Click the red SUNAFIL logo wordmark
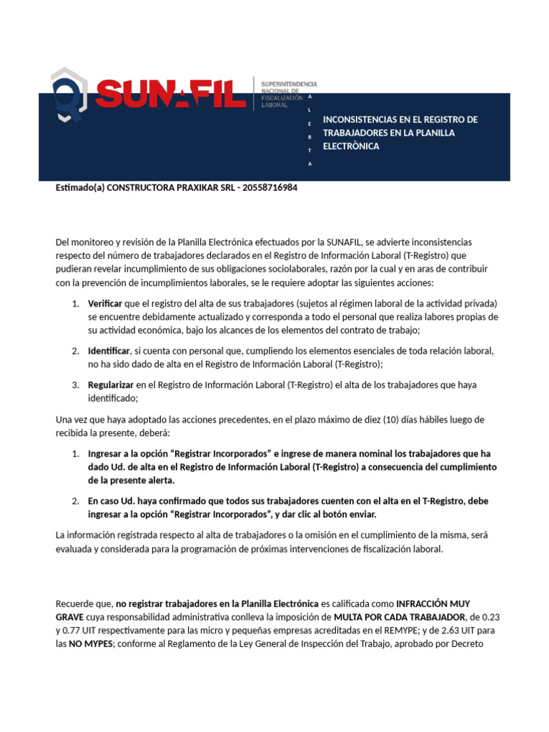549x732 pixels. pos(170,94)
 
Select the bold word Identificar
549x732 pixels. pos(109,351)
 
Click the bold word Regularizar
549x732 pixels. pos(110,385)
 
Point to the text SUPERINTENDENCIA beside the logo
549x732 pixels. pos(289,84)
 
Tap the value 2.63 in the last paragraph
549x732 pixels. pos(470,630)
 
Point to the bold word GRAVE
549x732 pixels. pos(69,617)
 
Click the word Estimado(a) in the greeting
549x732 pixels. pos(79,188)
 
